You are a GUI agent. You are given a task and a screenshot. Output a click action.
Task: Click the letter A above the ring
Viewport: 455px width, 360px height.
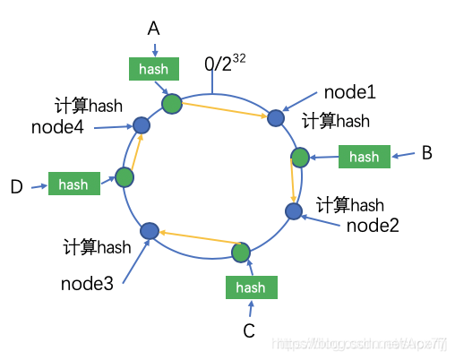coord(154,30)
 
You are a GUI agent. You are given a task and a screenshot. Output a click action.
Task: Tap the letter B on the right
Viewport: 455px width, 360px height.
coord(427,153)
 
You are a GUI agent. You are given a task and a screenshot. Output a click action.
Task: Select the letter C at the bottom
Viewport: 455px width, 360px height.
coord(250,330)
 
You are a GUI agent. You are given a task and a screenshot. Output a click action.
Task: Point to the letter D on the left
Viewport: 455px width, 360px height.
coord(16,186)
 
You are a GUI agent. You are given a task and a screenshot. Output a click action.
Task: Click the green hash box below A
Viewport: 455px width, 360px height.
coord(154,68)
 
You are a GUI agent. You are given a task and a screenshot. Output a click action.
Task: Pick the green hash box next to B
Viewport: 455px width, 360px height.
coord(365,157)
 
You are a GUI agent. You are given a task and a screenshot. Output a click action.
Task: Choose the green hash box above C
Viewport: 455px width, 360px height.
coord(251,287)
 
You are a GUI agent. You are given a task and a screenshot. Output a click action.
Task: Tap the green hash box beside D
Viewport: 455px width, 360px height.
coord(73,184)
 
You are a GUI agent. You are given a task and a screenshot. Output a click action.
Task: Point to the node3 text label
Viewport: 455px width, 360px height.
coord(88,284)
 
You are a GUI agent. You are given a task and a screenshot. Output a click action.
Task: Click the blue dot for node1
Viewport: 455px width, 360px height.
coord(277,117)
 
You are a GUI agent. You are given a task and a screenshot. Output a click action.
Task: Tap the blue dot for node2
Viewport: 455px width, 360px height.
coord(293,210)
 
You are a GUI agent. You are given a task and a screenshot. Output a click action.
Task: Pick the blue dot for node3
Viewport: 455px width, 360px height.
coord(150,232)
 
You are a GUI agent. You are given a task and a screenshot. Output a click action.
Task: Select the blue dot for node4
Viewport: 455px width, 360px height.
coord(141,125)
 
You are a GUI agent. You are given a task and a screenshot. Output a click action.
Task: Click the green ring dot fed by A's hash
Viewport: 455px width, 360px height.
coord(172,104)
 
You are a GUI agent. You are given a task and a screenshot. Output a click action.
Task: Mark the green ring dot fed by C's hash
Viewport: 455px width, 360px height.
coord(242,252)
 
